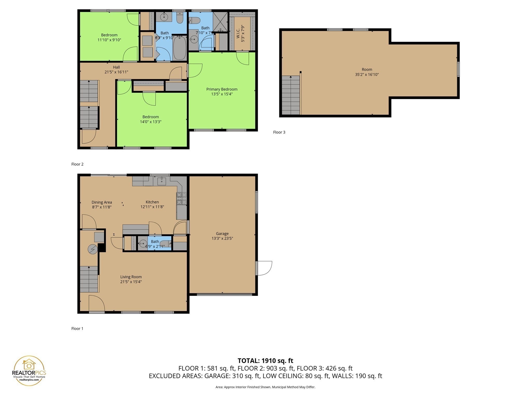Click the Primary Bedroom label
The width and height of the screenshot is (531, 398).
(222, 89)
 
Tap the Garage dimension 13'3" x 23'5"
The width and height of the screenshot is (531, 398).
(222, 238)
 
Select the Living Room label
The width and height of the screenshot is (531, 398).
(131, 277)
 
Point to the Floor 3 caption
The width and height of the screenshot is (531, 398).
(279, 132)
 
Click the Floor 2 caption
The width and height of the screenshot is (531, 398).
(77, 164)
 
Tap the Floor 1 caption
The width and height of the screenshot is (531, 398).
(77, 329)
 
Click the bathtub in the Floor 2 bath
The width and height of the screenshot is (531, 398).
(179, 48)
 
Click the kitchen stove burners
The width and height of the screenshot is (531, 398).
(181, 198)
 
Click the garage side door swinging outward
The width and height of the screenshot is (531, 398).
(264, 268)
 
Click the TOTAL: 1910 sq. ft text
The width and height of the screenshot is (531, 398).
(265, 361)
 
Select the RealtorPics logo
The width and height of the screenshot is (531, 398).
(29, 371)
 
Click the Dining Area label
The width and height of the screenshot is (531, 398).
(102, 202)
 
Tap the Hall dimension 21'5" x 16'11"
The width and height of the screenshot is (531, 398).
(116, 72)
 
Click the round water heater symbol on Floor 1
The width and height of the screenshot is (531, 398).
(93, 249)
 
